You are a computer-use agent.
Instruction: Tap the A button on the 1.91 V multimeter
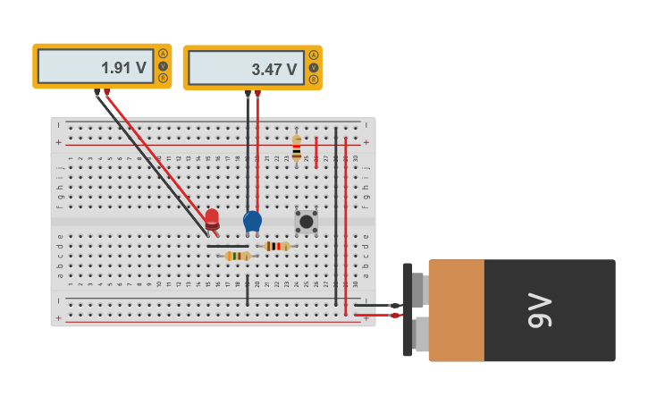click(x=163, y=54)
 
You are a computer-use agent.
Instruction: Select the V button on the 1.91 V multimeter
click(x=163, y=66)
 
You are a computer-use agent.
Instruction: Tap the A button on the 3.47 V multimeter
click(x=314, y=55)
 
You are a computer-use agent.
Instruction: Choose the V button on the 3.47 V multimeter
click(x=314, y=68)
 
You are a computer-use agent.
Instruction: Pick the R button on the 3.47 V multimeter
click(x=314, y=80)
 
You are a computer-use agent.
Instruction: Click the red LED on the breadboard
click(x=212, y=219)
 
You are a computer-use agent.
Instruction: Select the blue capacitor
click(x=252, y=221)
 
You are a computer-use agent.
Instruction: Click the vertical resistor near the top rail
click(x=297, y=148)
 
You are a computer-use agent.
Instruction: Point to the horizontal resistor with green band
click(x=237, y=256)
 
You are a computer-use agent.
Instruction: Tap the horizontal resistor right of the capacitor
click(x=277, y=246)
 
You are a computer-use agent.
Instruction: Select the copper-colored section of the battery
click(x=456, y=310)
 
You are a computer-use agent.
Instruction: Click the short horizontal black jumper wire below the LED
click(x=228, y=246)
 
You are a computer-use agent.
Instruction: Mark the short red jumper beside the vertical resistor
click(x=316, y=152)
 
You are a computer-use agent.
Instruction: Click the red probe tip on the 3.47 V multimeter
click(x=257, y=94)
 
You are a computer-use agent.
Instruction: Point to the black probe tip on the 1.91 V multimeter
click(x=97, y=92)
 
